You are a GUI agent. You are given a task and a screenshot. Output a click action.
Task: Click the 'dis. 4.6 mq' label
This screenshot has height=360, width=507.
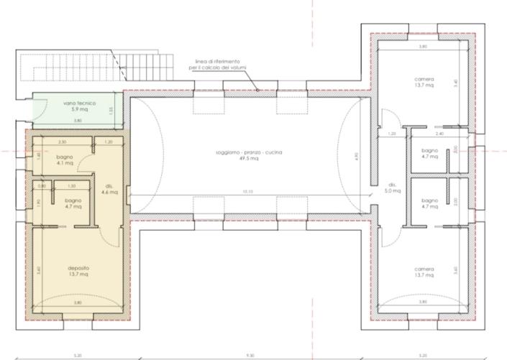[x=110, y=190]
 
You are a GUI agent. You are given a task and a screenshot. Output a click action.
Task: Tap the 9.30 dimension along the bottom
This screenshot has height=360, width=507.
[x=248, y=354]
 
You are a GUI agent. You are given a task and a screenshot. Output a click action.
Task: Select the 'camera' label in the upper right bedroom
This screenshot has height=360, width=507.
[x=424, y=79]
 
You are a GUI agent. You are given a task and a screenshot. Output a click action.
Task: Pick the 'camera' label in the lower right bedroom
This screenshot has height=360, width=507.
[x=424, y=270]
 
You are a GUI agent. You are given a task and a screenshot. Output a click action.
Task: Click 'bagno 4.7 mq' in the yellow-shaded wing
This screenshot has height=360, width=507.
[x=73, y=203]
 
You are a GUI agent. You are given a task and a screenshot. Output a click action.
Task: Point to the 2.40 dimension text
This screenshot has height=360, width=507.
[x=439, y=134]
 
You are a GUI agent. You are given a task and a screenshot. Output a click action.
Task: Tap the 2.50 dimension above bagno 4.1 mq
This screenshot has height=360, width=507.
[x=62, y=142]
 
